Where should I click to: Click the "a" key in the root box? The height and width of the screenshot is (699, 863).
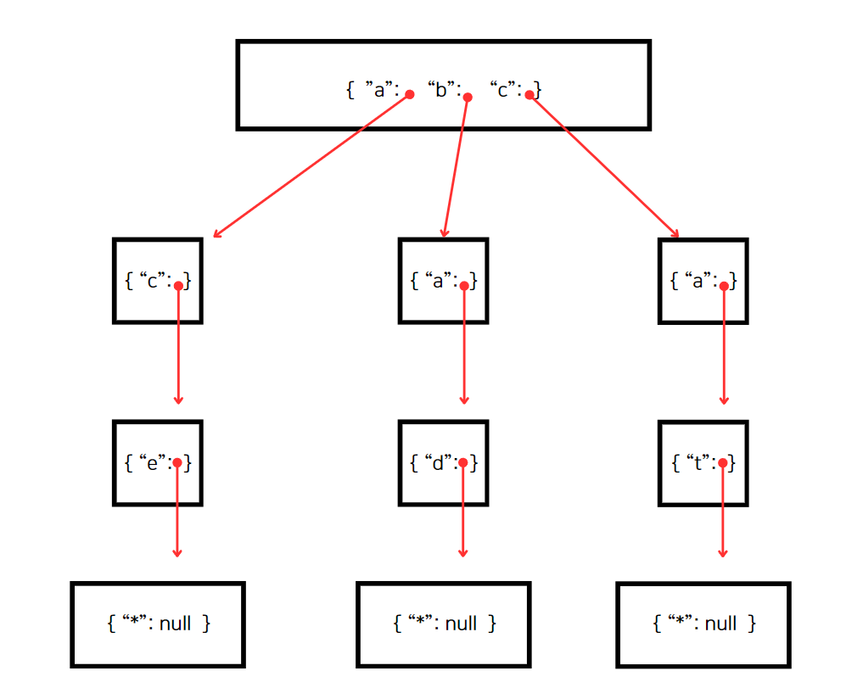(379, 89)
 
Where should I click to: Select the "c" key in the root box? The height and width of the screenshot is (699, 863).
(502, 89)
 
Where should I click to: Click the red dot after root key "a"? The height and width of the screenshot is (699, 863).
(410, 95)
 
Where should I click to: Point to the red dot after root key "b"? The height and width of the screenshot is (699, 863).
(468, 98)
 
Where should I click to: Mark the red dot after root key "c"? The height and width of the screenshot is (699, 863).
(529, 95)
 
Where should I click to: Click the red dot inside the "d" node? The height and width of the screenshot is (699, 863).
(462, 463)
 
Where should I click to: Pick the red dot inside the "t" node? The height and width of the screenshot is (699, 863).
(723, 463)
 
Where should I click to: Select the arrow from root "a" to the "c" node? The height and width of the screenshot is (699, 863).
(311, 165)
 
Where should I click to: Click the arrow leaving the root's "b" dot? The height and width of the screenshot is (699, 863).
(456, 167)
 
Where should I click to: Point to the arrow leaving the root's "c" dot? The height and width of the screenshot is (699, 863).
(604, 165)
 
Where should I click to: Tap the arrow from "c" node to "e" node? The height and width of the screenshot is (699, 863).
(178, 345)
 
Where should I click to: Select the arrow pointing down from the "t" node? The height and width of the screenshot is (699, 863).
(723, 510)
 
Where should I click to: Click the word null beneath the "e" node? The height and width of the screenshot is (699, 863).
(175, 624)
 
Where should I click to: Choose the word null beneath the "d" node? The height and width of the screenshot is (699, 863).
(461, 624)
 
